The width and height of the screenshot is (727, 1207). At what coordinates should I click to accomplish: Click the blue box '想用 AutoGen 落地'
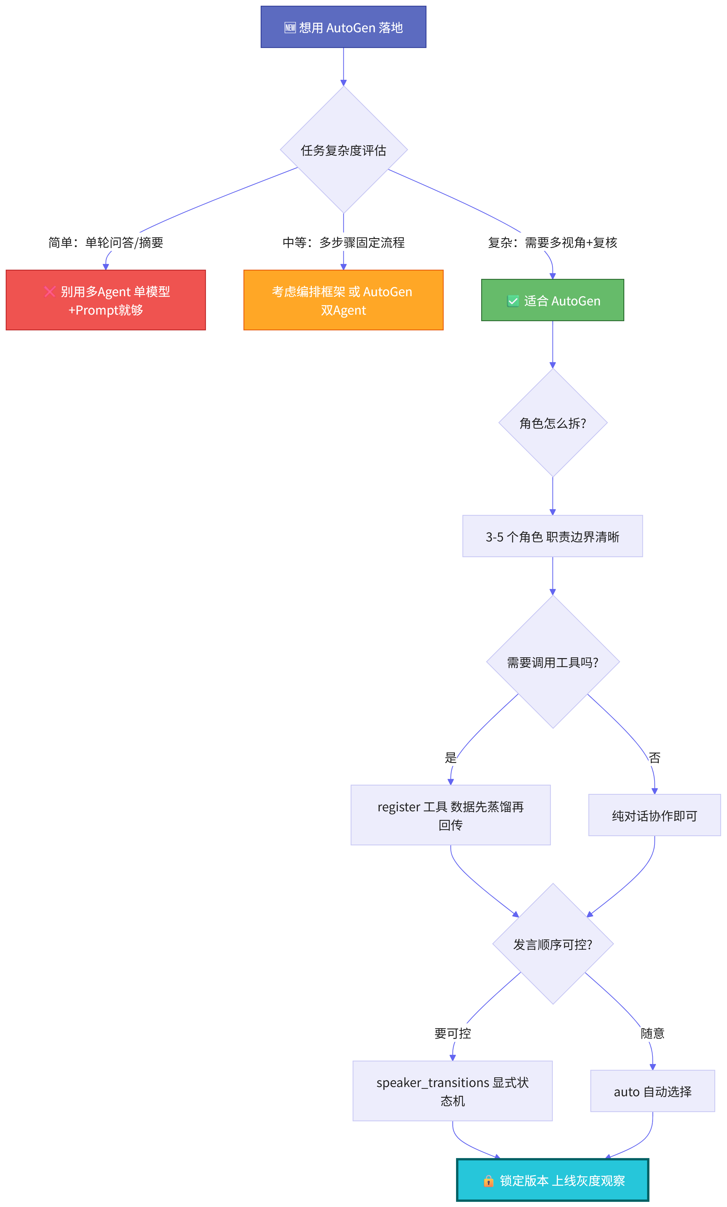pos(343,27)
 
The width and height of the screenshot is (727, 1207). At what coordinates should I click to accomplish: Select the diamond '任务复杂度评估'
pos(344,150)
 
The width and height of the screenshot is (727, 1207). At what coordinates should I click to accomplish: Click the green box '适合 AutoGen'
pos(553,300)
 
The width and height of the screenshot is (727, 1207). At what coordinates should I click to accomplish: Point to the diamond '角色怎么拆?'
pos(553,423)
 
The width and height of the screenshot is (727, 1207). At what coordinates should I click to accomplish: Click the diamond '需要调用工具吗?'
pos(553,662)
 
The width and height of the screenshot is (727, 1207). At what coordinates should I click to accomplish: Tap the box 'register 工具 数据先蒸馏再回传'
pos(450,815)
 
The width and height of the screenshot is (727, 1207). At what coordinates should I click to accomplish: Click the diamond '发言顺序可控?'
pos(553,944)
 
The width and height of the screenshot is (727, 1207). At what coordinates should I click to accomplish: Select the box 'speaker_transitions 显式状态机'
pos(452,1091)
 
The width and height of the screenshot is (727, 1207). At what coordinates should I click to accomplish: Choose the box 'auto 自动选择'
pos(653,1091)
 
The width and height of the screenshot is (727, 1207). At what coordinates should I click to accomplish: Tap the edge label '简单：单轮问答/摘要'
pos(106,242)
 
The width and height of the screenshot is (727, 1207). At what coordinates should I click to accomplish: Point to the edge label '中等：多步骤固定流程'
pos(344,242)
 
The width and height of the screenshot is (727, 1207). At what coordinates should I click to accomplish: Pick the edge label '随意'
pos(653,1033)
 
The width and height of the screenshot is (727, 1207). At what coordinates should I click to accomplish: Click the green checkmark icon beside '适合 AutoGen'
pos(513,301)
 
